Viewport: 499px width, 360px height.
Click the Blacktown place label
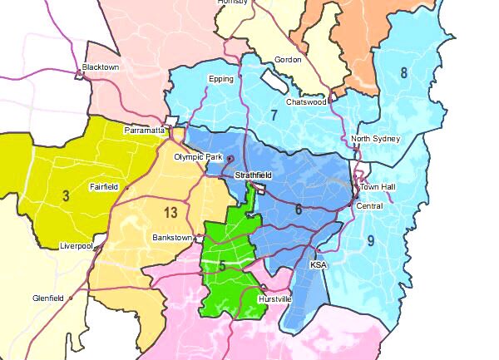pyautogui.click(x=101, y=67)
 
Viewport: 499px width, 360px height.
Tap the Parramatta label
pyautogui.click(x=145, y=131)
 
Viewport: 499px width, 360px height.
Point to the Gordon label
pyautogui.click(x=287, y=60)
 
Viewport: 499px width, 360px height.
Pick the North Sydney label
pyautogui.click(x=375, y=138)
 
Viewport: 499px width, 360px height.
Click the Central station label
pyautogui.click(x=368, y=205)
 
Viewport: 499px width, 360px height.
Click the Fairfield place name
pyautogui.click(x=106, y=188)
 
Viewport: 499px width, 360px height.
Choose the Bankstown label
pyautogui.click(x=172, y=237)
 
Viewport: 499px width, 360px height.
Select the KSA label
pyautogui.click(x=319, y=264)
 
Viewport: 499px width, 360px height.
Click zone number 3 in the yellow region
pyautogui.click(x=65, y=195)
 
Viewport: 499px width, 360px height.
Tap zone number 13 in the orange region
pyautogui.click(x=170, y=213)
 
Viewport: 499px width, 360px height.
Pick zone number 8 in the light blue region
pyautogui.click(x=404, y=72)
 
